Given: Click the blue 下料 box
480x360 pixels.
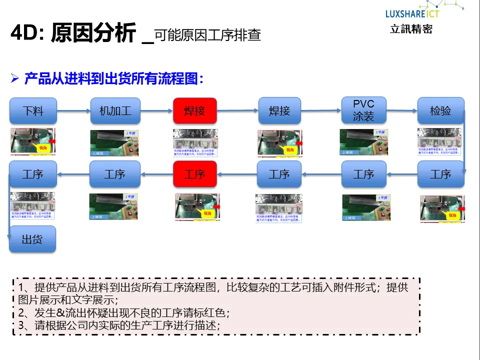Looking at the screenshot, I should coord(33,110).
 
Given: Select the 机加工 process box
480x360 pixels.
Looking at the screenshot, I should coord(115,110).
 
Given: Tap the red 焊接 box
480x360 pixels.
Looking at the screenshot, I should coord(194,110).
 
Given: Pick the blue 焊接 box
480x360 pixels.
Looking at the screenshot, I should coord(279,110).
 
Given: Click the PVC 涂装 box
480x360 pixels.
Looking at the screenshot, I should coord(363,110).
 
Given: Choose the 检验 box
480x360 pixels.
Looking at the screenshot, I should coord(440,110).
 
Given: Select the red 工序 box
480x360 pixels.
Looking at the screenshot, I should coord(194,174).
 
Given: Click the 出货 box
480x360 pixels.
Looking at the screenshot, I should coord(32,239).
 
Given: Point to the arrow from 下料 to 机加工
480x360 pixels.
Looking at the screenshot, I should coord(73,110).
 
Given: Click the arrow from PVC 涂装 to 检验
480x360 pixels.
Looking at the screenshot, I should coord(402,110).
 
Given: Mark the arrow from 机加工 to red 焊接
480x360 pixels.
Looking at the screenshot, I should coord(156,110).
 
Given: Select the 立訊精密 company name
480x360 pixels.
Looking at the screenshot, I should coord(411,29).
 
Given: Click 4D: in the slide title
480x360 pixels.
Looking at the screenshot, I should coord(27,34).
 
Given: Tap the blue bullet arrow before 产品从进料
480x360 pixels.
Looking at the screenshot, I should coord(15,78).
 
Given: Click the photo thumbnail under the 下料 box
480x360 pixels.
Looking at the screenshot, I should coord(33,142).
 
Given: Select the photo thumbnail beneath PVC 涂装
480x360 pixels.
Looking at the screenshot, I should coord(363,142).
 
